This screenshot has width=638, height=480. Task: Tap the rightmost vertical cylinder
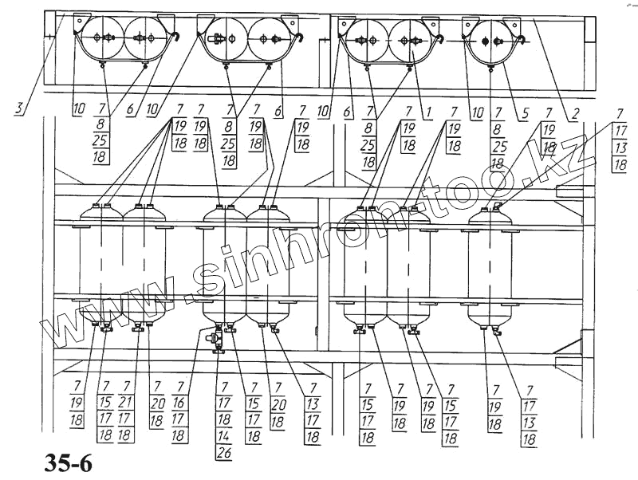490,267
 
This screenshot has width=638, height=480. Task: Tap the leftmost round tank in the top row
101,37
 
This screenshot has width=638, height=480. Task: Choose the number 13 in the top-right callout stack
620,148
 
